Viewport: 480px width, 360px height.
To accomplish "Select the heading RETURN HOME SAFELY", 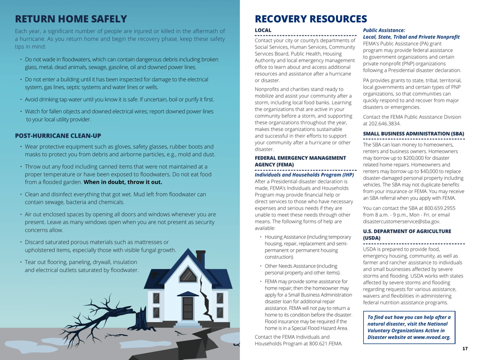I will pos(70,19).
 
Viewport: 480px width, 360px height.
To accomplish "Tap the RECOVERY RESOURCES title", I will pos(311,19).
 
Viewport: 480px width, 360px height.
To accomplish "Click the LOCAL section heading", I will pos(262,31).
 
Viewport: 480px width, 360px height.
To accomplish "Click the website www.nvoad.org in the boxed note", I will pos(431,337).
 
